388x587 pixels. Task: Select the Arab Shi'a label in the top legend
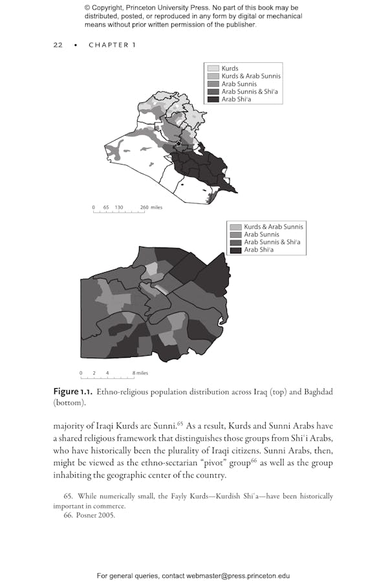(x=236, y=100)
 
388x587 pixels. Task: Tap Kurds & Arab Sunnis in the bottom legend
(x=273, y=227)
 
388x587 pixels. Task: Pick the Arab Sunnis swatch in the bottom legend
(x=235, y=235)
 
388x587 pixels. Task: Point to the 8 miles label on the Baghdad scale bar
(x=140, y=373)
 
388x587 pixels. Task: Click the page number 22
(x=58, y=45)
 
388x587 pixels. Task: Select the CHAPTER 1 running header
(x=112, y=45)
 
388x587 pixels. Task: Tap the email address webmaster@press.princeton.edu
(x=238, y=575)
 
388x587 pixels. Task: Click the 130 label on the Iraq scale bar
(x=118, y=207)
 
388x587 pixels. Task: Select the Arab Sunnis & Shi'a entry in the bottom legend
(x=272, y=242)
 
